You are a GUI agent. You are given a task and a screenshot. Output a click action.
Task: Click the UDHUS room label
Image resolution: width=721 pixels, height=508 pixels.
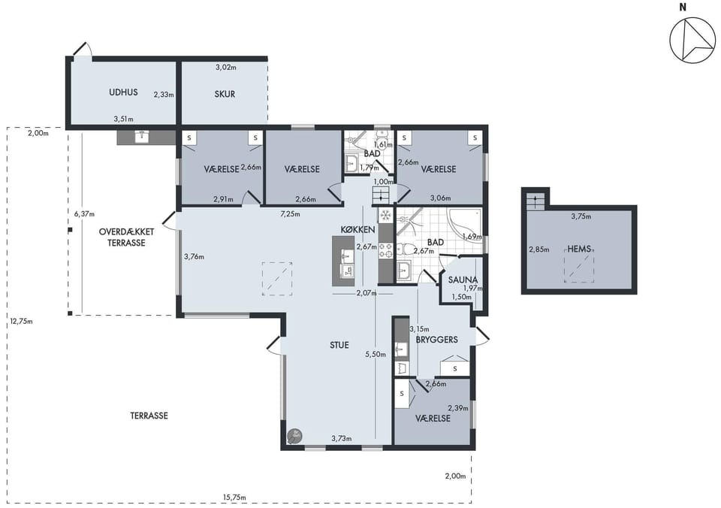[123, 92]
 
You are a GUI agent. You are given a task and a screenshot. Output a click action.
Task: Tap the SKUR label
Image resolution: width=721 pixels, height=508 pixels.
[225, 94]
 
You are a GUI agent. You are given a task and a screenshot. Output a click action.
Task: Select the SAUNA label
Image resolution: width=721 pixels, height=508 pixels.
[463, 280]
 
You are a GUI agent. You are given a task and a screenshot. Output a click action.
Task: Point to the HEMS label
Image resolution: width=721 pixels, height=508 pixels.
[579, 249]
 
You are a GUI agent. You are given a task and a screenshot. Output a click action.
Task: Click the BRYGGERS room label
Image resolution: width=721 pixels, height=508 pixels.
[437, 340]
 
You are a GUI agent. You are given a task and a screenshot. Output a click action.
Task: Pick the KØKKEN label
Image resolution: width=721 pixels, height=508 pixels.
[357, 230]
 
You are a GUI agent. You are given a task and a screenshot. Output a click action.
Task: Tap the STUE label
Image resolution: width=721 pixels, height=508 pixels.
[339, 345]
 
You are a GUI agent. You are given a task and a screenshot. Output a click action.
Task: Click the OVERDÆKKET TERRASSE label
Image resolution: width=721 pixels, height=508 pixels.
[126, 237]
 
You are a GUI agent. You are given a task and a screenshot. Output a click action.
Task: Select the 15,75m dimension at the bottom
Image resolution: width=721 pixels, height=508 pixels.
[234, 497]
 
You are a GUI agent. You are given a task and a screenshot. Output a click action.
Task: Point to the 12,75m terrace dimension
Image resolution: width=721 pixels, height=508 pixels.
[21, 321]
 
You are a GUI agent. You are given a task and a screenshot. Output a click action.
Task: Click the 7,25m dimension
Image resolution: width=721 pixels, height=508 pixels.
[291, 213]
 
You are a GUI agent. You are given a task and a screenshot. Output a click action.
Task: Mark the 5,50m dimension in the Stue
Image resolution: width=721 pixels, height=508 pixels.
[376, 354]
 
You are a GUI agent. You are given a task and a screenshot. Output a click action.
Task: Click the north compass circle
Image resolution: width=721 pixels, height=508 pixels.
[692, 41]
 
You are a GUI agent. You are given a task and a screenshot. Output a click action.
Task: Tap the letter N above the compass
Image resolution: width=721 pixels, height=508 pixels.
[683, 7]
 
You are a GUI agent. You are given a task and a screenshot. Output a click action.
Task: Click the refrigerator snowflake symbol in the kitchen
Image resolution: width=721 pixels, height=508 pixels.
[385, 215]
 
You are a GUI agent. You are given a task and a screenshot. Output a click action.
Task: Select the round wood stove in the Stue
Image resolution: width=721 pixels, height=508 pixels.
[294, 436]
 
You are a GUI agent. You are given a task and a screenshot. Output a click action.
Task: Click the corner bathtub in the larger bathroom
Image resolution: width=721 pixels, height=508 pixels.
[465, 224]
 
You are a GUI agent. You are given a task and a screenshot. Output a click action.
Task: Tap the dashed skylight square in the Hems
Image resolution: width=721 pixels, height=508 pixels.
[579, 265]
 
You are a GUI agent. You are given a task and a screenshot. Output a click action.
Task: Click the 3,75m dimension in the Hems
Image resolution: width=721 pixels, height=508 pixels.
[581, 216]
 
